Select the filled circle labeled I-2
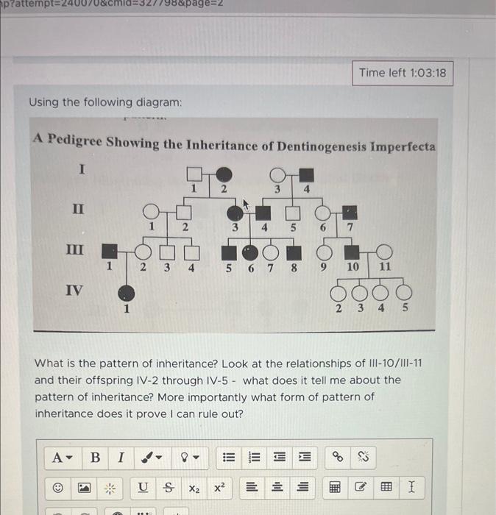pos(224,175)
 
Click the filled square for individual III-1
pos(110,252)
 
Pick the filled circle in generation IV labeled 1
pos(126,291)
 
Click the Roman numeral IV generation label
pos(75,290)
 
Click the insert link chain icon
pos(338,458)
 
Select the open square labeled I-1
pos(194,174)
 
